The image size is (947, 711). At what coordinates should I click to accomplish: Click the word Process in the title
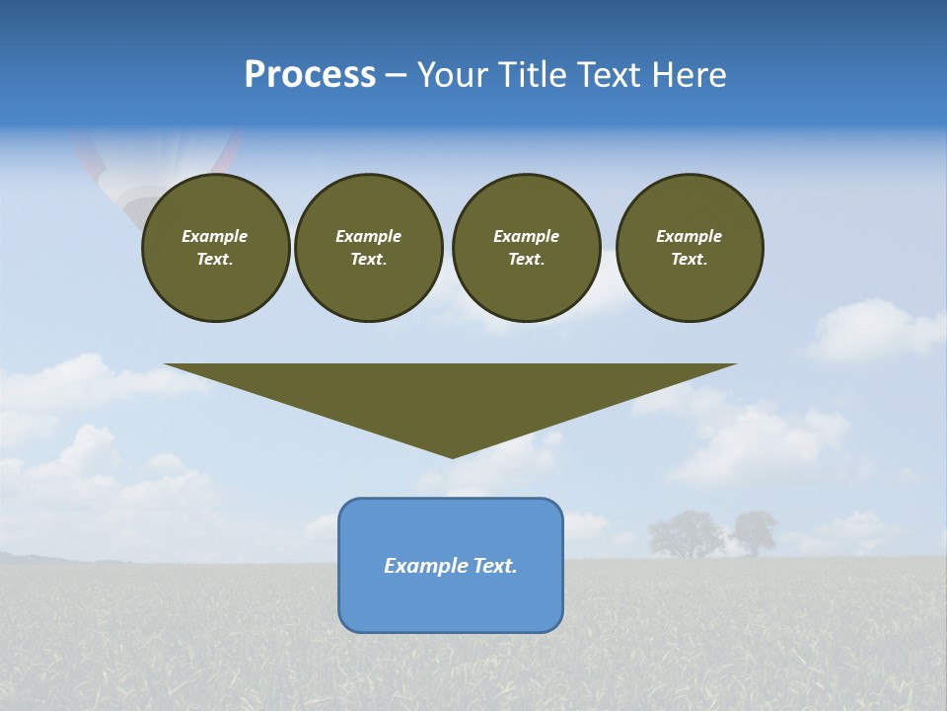[310, 75]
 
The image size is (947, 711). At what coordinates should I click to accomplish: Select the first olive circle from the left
[215, 248]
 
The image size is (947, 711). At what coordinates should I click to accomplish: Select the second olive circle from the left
[368, 248]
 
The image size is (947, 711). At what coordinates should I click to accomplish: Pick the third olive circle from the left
[526, 248]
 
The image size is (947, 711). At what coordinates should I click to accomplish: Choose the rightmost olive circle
[690, 248]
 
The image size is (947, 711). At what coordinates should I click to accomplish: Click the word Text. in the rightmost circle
[690, 260]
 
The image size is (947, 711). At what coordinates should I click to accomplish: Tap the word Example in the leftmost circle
[215, 236]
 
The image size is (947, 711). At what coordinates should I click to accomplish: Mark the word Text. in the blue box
[493, 566]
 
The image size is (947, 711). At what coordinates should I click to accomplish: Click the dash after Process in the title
[396, 75]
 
